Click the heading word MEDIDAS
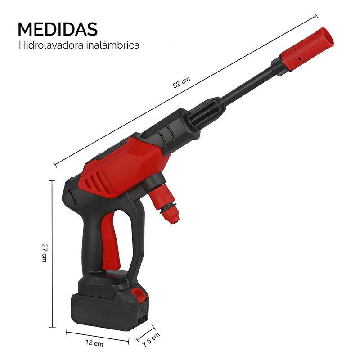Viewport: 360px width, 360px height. (x=57, y=29)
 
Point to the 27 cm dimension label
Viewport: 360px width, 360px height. (x=44, y=253)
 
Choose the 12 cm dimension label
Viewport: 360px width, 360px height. (x=95, y=343)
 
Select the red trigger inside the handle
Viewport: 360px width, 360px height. (x=112, y=243)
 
